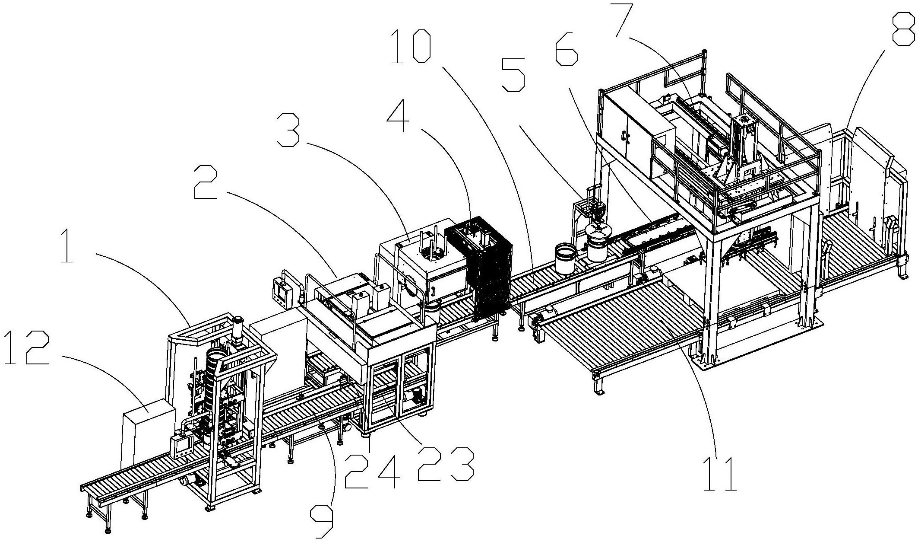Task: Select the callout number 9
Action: [322, 521]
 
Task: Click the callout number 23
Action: [445, 465]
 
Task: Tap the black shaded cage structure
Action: [479, 267]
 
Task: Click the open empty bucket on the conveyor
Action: [567, 258]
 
